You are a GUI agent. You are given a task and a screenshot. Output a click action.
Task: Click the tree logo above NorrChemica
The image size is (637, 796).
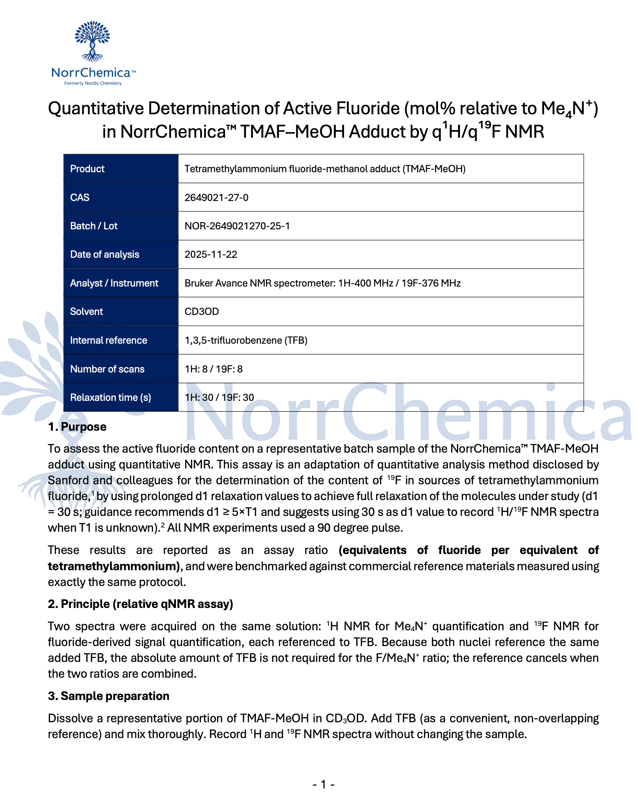pos(92,41)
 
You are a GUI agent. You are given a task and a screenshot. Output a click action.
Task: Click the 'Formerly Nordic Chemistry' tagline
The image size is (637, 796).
pos(93,83)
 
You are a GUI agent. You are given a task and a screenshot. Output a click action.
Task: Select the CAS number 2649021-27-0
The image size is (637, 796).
pos(216,197)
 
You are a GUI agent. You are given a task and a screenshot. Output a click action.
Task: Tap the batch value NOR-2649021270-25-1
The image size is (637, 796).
pos(237,226)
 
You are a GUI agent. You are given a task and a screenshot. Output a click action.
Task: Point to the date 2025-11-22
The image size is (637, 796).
pos(211,255)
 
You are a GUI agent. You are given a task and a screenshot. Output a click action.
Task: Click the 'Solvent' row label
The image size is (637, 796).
pos(86,312)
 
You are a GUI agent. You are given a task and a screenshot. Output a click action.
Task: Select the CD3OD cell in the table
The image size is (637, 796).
pos(202,312)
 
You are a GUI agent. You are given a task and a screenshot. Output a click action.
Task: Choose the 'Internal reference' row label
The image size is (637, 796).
pos(109,340)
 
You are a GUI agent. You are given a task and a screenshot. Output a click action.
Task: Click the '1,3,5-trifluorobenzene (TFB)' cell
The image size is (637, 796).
pos(246,340)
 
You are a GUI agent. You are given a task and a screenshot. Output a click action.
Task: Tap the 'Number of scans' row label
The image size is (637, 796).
pos(107,369)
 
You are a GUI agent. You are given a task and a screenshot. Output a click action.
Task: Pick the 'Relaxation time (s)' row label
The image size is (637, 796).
pos(110,398)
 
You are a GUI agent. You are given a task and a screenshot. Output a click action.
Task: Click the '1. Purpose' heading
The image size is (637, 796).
pos(77,427)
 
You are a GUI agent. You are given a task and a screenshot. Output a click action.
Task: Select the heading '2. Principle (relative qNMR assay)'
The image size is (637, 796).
pos(140,604)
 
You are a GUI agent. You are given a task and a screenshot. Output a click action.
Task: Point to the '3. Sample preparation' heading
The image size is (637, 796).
pos(108,696)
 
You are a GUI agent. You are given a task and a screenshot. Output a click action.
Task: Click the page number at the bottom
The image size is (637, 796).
pos(323,784)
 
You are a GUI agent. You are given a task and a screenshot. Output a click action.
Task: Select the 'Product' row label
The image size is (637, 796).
pos(87,169)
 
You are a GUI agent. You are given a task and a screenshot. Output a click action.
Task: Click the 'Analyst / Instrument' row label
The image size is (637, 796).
pos(114,283)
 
